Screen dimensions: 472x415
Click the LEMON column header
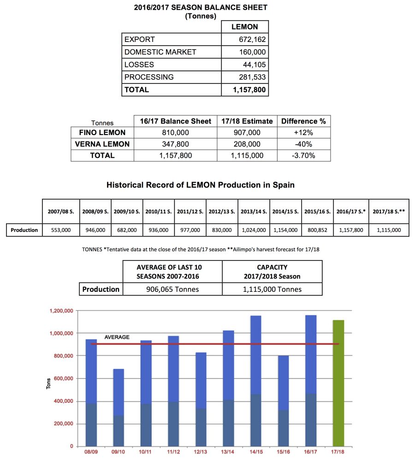point(244,27)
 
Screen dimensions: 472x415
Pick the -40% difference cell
point(303,144)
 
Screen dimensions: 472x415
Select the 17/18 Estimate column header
point(247,121)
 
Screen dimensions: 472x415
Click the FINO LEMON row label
point(102,133)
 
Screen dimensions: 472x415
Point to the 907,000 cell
point(247,133)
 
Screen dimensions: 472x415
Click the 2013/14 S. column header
point(254,212)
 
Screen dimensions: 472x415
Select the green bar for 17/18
point(338,383)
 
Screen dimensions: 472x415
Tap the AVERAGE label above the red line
point(117,337)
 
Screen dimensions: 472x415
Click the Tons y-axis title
point(49,383)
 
